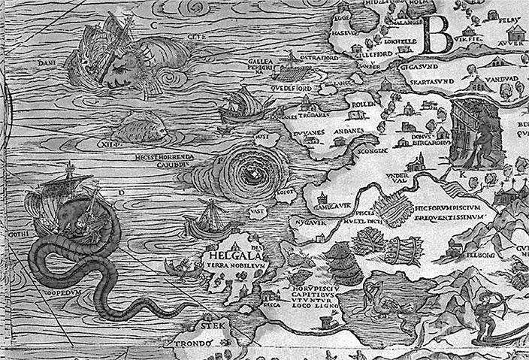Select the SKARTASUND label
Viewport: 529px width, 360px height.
pyautogui.click(x=431, y=78)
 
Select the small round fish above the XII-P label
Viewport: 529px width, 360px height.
pyautogui.click(x=140, y=129)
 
